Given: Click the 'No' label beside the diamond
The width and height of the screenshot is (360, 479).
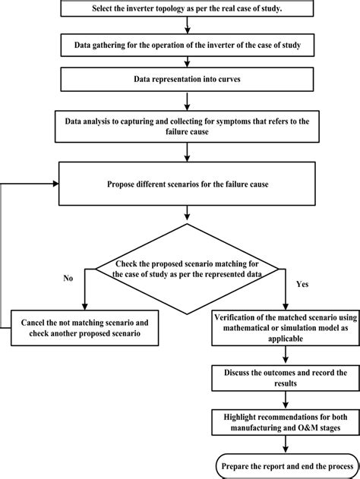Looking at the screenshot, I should coord(68,278).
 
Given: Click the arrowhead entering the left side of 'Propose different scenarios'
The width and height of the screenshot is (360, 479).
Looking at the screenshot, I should coord(55,183).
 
